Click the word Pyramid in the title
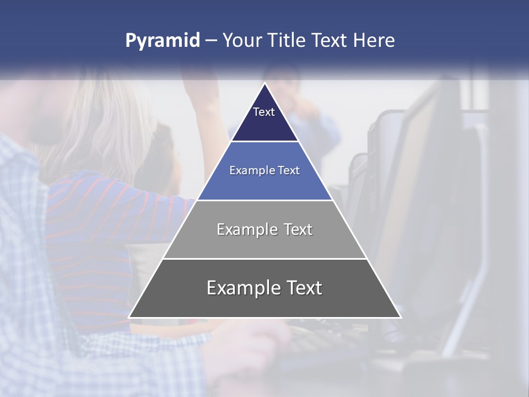(162, 41)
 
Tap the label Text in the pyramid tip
(264, 112)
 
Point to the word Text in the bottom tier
(304, 288)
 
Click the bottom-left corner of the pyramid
(129, 317)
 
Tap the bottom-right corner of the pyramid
(401, 317)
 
